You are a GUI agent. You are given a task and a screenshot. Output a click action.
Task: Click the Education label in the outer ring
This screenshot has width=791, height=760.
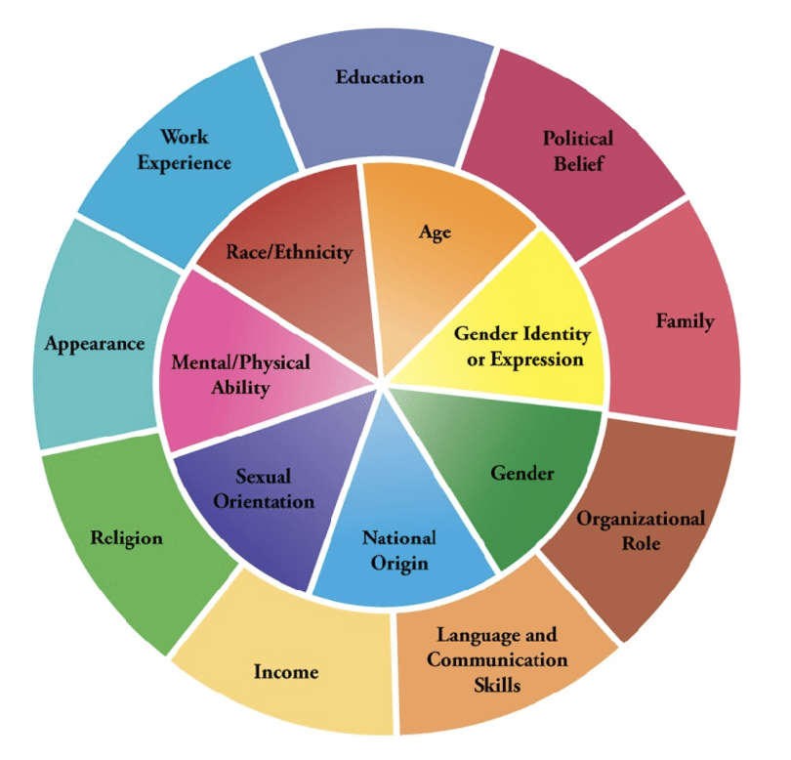(380, 76)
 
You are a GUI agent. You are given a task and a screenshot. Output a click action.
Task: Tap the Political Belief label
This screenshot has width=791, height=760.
(578, 150)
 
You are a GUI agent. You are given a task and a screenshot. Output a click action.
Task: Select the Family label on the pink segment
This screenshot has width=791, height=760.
(686, 320)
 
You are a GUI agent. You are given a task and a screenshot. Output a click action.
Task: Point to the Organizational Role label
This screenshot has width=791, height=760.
(640, 529)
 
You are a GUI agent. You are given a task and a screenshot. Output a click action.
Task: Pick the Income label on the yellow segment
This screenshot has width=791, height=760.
(286, 672)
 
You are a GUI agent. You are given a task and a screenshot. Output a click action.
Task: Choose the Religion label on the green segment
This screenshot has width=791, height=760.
(126, 538)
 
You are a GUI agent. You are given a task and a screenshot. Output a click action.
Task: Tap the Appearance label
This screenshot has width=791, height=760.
(94, 344)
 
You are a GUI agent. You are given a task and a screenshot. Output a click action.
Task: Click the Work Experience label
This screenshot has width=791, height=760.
(184, 148)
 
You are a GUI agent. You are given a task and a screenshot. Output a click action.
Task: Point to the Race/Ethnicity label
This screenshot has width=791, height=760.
(289, 252)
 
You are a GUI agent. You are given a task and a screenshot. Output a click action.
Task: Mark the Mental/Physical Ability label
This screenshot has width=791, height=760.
(240, 374)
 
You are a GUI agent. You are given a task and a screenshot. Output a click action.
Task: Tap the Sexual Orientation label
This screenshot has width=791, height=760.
(274, 488)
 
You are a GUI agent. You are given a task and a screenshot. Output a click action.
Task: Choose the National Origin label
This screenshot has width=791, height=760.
(398, 550)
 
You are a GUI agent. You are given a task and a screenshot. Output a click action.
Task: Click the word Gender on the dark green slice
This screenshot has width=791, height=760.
(521, 474)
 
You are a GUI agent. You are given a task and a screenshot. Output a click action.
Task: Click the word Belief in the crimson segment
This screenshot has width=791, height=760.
(578, 163)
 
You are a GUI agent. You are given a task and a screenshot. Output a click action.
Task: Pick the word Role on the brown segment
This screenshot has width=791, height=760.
(640, 543)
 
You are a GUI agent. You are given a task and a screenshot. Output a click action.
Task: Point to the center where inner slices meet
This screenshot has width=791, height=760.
(386, 378)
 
